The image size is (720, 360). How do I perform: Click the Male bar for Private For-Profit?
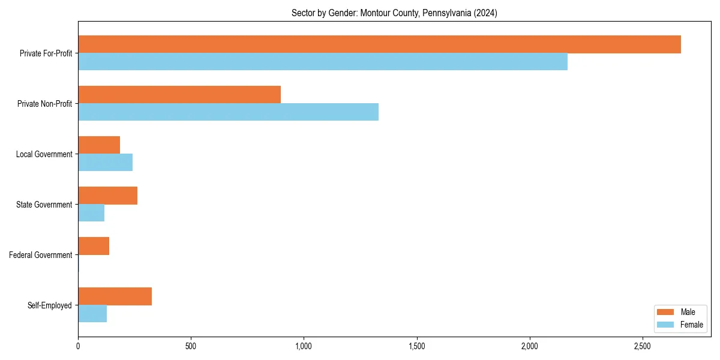(x=379, y=44)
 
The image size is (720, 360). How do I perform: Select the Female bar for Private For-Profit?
(x=323, y=62)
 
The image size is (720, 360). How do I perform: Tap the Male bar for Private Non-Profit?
(x=179, y=95)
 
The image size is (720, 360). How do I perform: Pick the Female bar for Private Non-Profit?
(x=228, y=112)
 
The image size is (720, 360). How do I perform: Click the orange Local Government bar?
(x=99, y=145)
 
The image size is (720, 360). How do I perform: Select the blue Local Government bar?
(x=105, y=163)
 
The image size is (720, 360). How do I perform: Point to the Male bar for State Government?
(x=107, y=196)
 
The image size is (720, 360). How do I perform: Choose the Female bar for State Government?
(x=91, y=213)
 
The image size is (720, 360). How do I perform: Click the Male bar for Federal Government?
(x=94, y=246)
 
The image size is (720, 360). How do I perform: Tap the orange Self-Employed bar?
(x=115, y=296)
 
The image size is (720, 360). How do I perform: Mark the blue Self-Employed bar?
(x=92, y=314)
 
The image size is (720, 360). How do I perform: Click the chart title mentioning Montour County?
(x=394, y=13)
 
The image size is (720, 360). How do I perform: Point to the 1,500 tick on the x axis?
(x=416, y=347)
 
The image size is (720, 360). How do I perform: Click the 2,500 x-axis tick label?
(x=642, y=347)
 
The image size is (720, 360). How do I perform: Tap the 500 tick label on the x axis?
(x=191, y=347)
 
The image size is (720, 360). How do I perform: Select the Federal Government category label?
(x=41, y=255)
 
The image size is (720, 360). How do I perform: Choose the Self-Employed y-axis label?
(x=50, y=305)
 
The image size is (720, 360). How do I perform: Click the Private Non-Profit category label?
(x=45, y=104)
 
